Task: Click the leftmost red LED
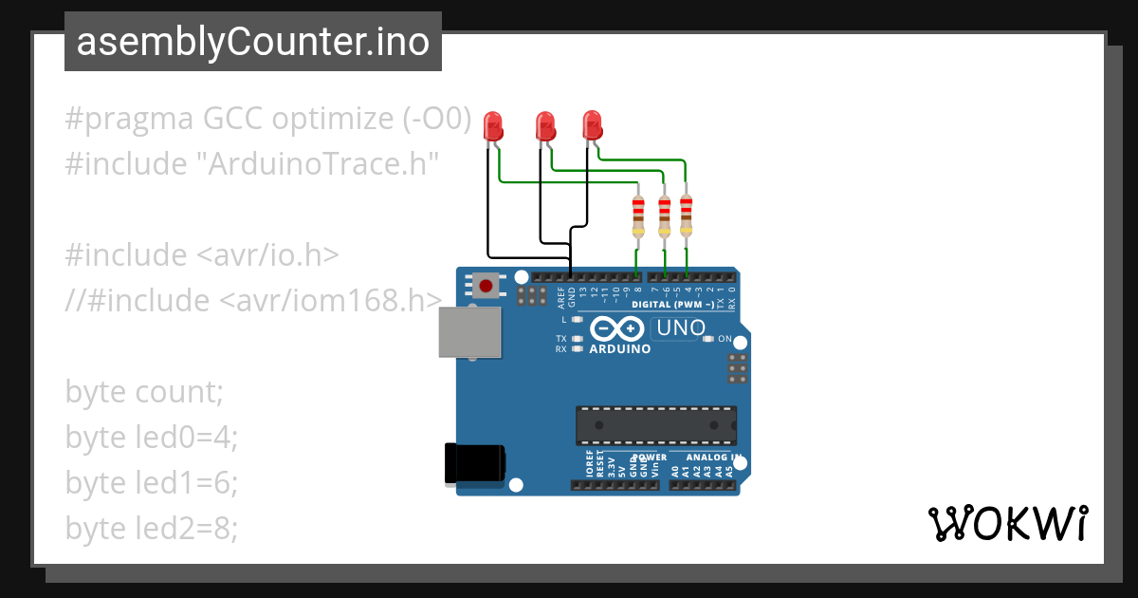(x=492, y=125)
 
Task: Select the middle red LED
(x=544, y=125)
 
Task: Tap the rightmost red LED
(x=592, y=124)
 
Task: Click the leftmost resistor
(x=638, y=216)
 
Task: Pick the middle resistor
(x=664, y=216)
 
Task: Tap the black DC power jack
(x=475, y=465)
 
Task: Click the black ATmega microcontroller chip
(x=655, y=425)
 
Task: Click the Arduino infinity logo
(x=619, y=329)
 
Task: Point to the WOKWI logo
(x=1007, y=523)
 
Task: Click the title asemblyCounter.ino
(x=252, y=42)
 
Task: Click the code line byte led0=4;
(x=152, y=438)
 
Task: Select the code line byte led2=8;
(x=152, y=529)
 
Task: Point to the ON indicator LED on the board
(x=708, y=339)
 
